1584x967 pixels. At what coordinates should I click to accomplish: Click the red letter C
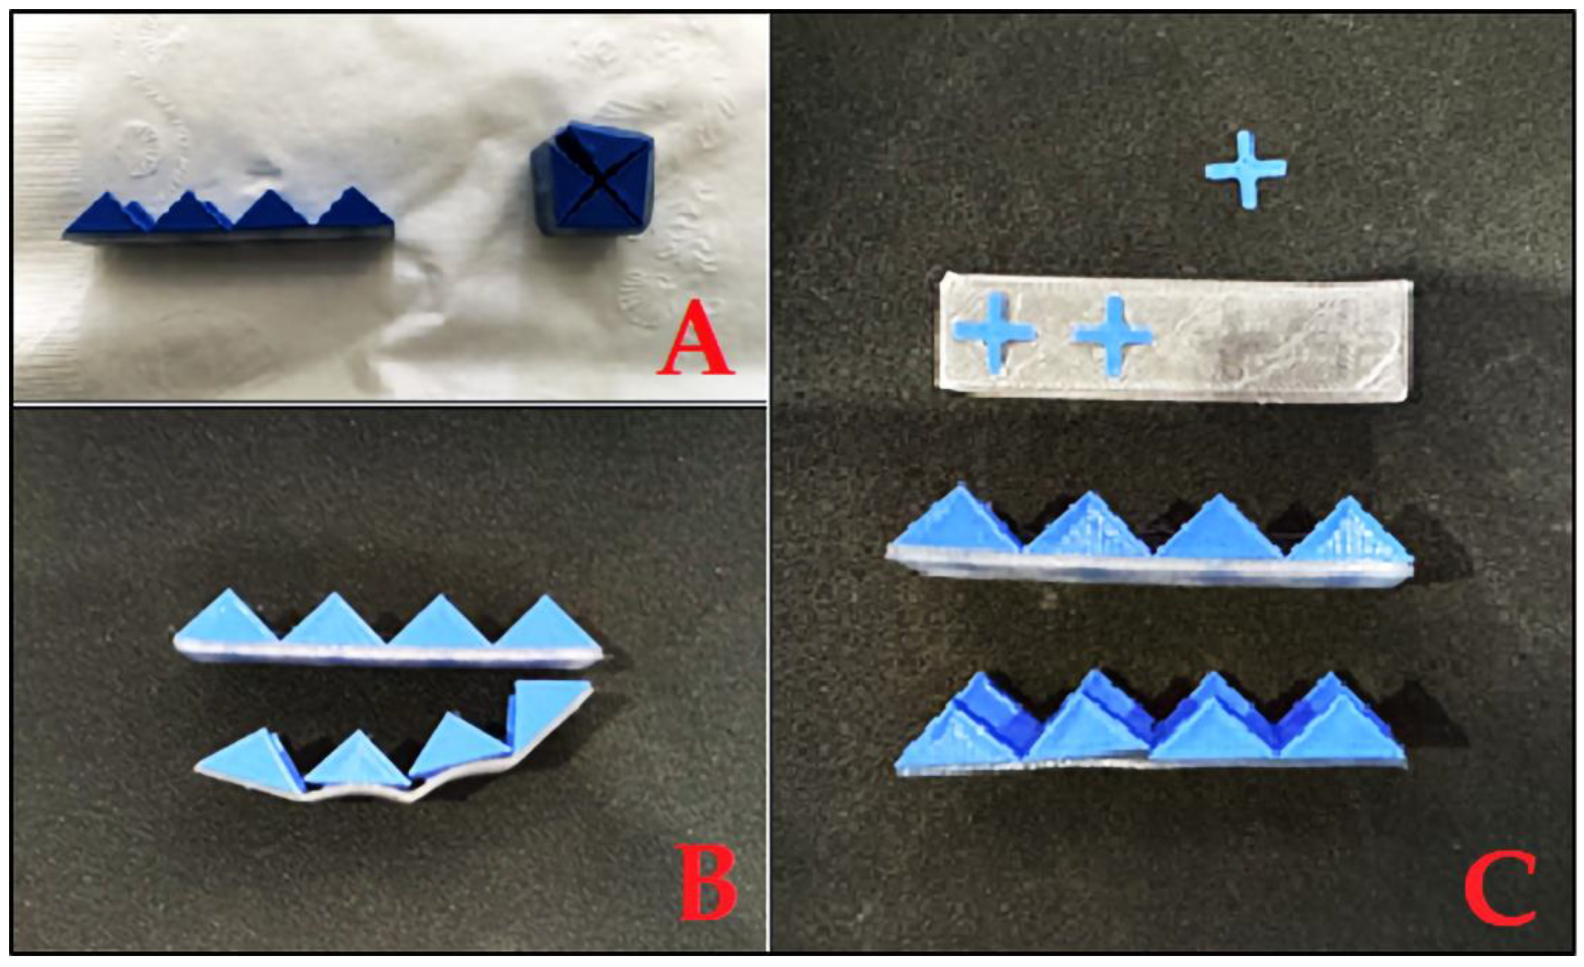[1500, 888]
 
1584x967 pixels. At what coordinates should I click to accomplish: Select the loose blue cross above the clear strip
[1246, 170]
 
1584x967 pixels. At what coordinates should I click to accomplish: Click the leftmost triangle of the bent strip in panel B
[242, 760]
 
